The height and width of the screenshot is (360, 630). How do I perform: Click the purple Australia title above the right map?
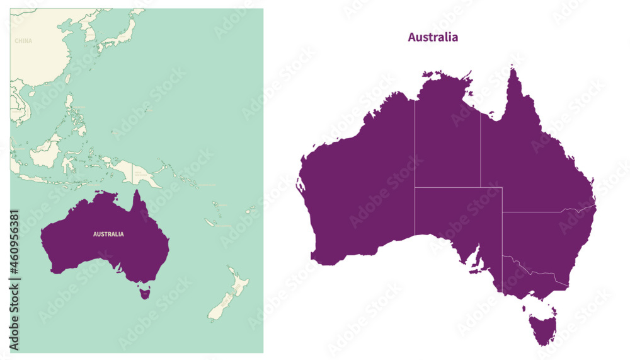pyautogui.click(x=433, y=37)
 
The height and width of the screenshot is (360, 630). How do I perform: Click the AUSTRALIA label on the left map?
pyautogui.click(x=108, y=234)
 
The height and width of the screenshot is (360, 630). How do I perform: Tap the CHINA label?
pyautogui.click(x=23, y=41)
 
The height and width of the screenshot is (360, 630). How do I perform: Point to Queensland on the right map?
pyautogui.click(x=535, y=158)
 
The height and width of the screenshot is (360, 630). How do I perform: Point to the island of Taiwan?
pyautogui.click(x=67, y=79)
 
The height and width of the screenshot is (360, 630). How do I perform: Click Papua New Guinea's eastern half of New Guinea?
pyautogui.click(x=142, y=170)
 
